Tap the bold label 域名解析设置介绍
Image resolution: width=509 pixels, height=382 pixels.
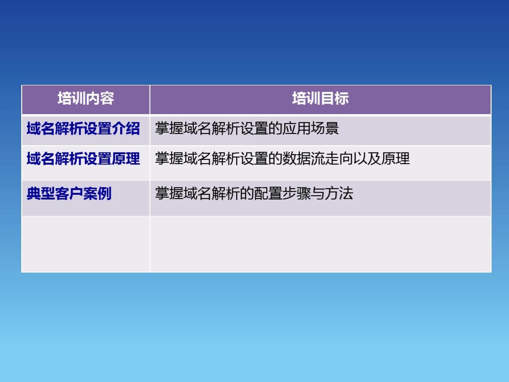(83, 128)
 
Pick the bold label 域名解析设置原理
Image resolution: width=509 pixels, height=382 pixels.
(83, 159)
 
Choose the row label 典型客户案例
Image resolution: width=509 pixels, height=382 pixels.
(69, 193)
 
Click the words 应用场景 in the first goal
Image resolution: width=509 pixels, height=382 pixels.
(310, 128)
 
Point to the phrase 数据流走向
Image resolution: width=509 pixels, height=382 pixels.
(318, 158)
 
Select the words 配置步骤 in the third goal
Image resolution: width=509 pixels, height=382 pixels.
(282, 193)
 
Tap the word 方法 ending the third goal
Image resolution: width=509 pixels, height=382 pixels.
(339, 193)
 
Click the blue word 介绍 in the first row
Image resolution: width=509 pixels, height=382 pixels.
(126, 128)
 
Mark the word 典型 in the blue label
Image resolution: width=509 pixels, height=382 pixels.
(41, 193)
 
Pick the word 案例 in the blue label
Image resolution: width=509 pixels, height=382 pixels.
(98, 193)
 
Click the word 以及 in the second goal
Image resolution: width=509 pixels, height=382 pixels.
(367, 158)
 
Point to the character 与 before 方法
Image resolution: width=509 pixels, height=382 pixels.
(317, 193)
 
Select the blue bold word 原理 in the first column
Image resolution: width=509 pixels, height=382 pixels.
(126, 159)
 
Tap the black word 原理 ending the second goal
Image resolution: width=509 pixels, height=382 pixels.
(396, 158)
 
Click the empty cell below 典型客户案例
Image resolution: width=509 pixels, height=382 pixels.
(86, 244)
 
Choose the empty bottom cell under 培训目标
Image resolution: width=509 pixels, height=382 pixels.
(321, 244)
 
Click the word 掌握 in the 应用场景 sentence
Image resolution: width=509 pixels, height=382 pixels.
(169, 128)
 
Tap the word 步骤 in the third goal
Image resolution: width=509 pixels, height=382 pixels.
(296, 193)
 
